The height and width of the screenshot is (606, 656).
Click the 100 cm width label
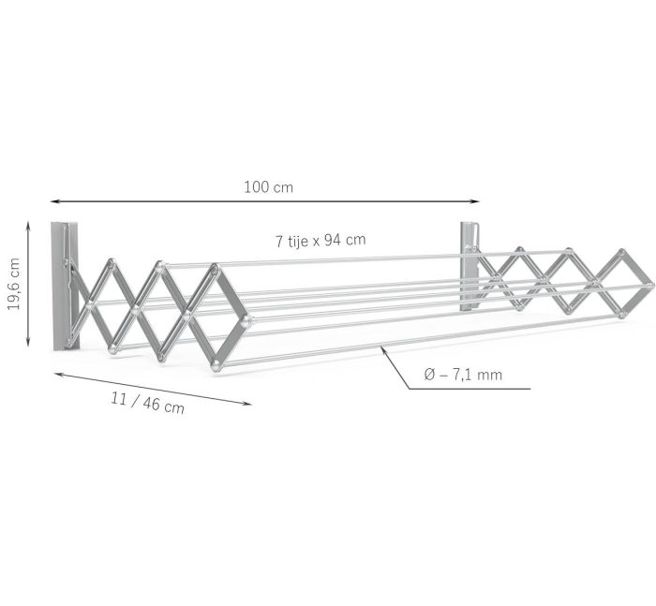(268, 186)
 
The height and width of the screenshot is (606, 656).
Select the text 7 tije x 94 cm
(320, 240)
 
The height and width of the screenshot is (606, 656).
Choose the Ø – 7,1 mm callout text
(462, 375)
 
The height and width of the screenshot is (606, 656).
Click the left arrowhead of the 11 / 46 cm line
(57, 373)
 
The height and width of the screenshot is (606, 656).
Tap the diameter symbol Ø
(429, 375)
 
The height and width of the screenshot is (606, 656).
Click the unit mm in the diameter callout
(489, 375)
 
